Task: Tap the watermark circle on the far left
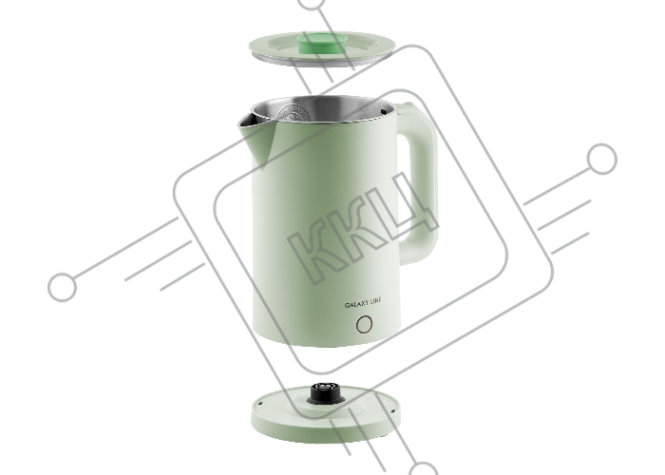pos(63,287)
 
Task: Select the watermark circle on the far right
pos(601,159)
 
